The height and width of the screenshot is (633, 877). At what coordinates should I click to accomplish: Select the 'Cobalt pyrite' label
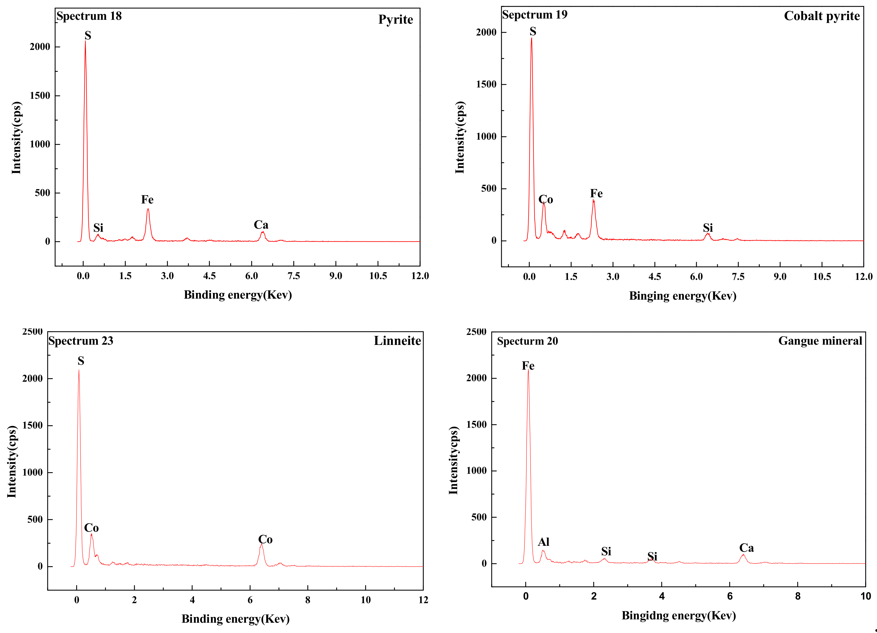[x=822, y=16]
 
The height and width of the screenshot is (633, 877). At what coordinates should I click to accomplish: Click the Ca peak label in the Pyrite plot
[x=261, y=225]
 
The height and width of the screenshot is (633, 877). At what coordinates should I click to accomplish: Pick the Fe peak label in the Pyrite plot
[x=147, y=200]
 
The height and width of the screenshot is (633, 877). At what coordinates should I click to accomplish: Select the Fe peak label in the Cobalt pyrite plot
[x=596, y=193]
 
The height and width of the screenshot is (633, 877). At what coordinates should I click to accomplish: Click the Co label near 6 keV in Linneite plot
[x=265, y=540]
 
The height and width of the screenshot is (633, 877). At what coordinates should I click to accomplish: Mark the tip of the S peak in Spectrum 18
[x=86, y=41]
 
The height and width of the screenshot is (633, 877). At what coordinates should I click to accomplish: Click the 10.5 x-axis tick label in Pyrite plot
[x=378, y=276]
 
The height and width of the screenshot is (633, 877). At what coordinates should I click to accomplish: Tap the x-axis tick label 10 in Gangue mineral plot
[x=865, y=596]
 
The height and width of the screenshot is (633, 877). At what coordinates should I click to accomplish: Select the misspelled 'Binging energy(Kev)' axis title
[x=683, y=296]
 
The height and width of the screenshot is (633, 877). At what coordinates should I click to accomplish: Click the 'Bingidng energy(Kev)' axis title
[x=679, y=616]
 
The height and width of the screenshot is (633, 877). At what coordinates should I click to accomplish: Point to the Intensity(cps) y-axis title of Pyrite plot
[x=16, y=138]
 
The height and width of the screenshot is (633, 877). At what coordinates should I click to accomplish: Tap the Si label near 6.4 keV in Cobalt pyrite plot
[x=708, y=228]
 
